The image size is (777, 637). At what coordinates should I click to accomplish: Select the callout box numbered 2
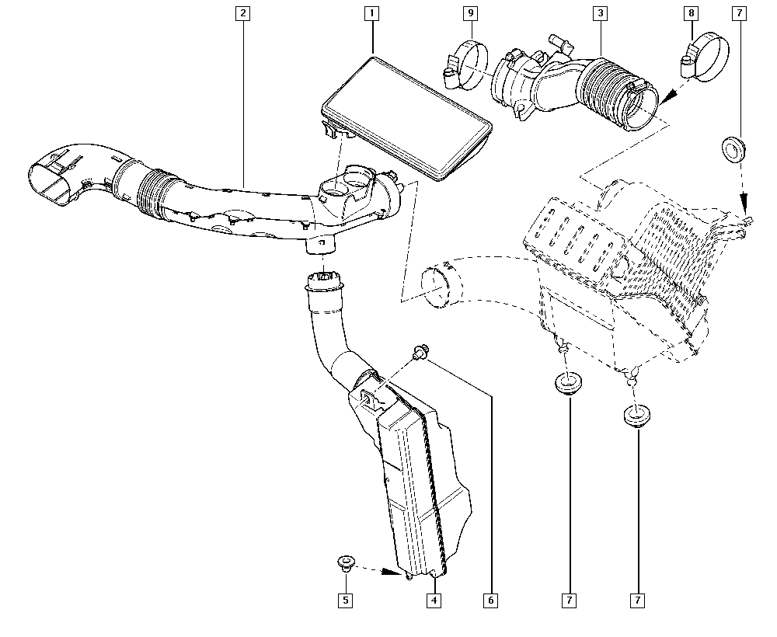tap(243, 13)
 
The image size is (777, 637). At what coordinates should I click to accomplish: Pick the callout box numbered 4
tap(434, 600)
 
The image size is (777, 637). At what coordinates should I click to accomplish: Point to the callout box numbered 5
tap(344, 600)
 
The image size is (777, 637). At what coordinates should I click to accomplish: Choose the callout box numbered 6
tap(491, 600)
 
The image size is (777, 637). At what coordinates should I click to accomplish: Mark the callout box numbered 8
tap(691, 13)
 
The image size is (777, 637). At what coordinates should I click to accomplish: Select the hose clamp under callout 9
tap(467, 61)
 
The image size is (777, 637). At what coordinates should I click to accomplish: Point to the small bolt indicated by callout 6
tap(420, 353)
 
